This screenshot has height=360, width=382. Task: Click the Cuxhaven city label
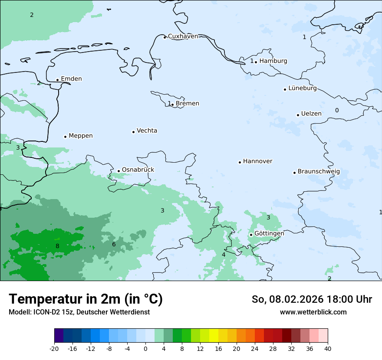(x=183, y=36)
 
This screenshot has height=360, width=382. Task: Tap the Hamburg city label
(x=273, y=61)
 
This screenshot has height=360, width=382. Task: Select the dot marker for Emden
(x=57, y=80)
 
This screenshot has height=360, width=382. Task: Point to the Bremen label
(x=188, y=104)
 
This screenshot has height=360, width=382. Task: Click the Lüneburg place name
(x=303, y=88)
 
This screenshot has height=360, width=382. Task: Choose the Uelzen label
(x=311, y=114)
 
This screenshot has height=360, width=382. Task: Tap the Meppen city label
(x=81, y=136)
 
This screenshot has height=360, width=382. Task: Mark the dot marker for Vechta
(x=133, y=132)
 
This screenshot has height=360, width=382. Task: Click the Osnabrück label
(x=138, y=170)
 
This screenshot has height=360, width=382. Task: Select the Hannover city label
(x=257, y=161)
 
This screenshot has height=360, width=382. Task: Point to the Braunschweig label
(x=319, y=172)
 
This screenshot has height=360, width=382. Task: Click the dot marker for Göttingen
(x=251, y=235)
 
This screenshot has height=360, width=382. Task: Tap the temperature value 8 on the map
(x=57, y=246)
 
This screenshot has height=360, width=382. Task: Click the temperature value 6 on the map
(x=114, y=245)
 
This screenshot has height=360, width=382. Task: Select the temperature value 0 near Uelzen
(x=337, y=111)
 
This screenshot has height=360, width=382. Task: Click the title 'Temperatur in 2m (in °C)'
(x=86, y=299)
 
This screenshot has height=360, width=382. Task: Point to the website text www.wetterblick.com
(x=313, y=312)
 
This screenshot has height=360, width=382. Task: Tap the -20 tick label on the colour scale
(x=54, y=349)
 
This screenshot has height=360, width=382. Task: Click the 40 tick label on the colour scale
(x=328, y=349)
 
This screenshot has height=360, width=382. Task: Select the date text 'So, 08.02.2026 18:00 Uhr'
(x=312, y=300)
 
